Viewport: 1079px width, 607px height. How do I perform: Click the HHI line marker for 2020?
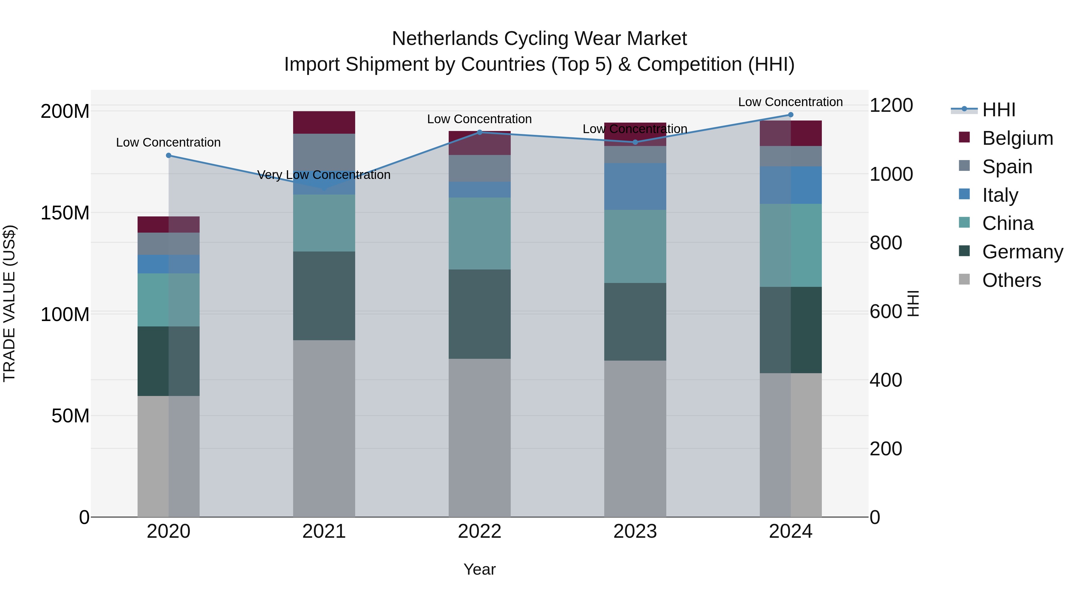point(168,155)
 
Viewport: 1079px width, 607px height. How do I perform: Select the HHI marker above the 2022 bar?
point(480,132)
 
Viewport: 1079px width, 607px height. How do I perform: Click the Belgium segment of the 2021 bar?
point(324,122)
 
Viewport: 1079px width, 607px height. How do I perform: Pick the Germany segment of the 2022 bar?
point(480,314)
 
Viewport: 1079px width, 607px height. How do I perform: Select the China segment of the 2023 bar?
point(635,246)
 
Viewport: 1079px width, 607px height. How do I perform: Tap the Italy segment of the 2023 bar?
point(635,186)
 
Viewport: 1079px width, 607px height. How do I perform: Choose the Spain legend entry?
point(1007,167)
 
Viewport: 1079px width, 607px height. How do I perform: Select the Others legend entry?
point(1011,280)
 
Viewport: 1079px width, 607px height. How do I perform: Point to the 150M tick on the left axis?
point(65,213)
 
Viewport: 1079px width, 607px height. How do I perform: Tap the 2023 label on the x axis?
point(635,531)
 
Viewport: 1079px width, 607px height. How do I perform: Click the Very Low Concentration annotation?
point(324,175)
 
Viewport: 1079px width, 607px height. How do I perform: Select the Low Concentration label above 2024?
point(790,102)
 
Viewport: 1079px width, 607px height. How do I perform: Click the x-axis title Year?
point(480,569)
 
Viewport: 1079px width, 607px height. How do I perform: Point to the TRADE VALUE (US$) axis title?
point(9,303)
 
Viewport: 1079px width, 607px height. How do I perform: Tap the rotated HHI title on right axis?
point(914,303)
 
